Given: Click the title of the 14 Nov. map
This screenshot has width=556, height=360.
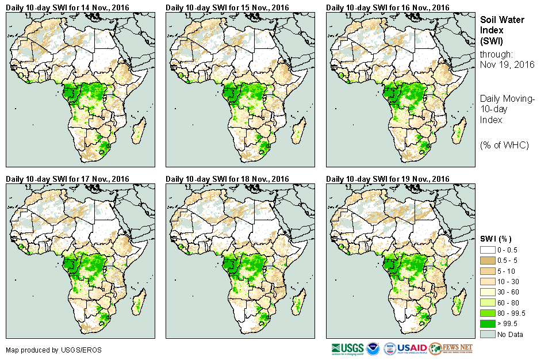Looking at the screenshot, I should click(68, 7).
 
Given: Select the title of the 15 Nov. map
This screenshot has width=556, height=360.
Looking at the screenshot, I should click(228, 7).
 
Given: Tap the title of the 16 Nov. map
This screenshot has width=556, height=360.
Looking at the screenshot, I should click(388, 7).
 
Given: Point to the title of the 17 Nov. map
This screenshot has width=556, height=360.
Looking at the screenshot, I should click(68, 179).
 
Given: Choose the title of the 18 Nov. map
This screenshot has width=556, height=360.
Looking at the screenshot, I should click(228, 179).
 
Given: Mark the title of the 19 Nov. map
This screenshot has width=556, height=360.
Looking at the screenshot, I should click(388, 179).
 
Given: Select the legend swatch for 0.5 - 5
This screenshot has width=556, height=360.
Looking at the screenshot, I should click(487, 261).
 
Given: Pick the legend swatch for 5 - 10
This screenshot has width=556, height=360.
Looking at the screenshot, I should click(487, 271).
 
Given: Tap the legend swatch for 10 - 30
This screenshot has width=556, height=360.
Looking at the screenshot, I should click(487, 282).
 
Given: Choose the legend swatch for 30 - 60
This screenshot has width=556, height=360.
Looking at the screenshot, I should click(487, 292).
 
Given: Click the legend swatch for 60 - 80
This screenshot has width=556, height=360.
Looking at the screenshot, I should click(487, 302).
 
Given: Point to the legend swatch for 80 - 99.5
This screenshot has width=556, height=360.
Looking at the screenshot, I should click(487, 313).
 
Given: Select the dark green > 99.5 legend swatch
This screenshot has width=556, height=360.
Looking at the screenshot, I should click(487, 323).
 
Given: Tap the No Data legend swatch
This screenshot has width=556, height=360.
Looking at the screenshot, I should click(487, 334).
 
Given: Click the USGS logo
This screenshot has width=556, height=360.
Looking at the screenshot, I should click(347, 349).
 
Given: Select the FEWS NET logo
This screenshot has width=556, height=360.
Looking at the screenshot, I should click(451, 349).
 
